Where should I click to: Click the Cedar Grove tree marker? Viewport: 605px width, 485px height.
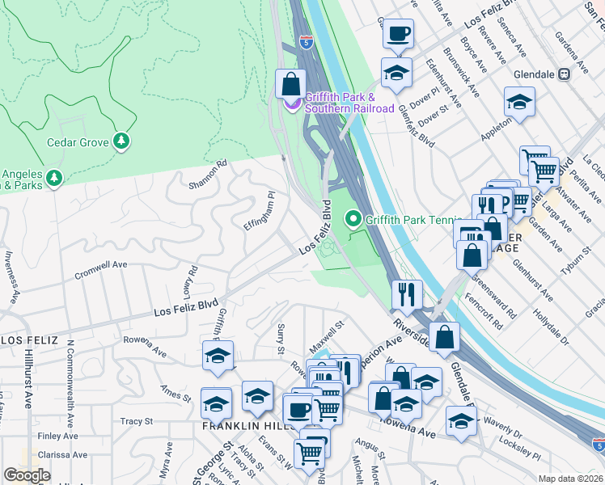(x=121, y=141)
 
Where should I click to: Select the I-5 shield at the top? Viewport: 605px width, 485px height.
(x=306, y=42)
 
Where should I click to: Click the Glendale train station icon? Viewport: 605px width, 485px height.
(x=564, y=74)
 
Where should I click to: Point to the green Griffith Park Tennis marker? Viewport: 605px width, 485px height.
(x=353, y=218)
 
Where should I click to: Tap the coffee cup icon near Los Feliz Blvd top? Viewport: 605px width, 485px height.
(x=397, y=35)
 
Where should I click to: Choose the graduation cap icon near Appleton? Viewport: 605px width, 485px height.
(x=519, y=103)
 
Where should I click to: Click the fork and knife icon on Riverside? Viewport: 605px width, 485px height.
(x=407, y=294)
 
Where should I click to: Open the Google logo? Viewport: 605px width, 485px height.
(x=27, y=474)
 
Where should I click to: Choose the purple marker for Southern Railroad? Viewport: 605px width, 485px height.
(x=290, y=103)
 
